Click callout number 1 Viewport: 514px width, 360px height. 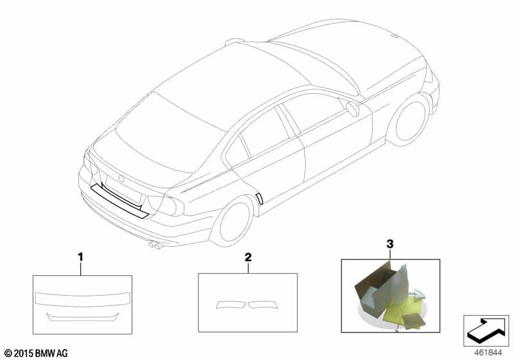tap(80, 256)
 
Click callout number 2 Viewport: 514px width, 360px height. tap(248, 256)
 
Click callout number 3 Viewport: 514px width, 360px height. tap(390, 244)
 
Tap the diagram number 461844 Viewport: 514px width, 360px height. tap(488, 353)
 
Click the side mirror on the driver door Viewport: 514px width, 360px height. tap(353, 109)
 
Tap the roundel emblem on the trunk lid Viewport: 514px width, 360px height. tap(121, 179)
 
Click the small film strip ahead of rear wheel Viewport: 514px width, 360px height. tap(260, 199)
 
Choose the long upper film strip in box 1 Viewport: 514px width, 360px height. tap(82, 299)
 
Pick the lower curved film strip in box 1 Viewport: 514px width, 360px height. tap(83, 318)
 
